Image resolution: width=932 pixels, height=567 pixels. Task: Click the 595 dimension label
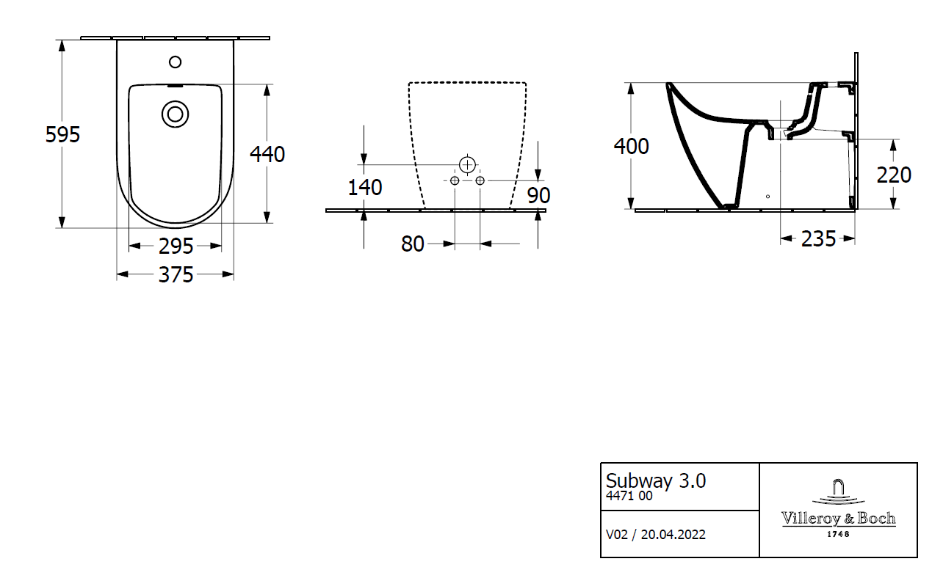point(62,134)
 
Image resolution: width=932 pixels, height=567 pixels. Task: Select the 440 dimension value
point(267,154)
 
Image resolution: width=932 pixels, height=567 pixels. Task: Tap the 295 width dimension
point(176,246)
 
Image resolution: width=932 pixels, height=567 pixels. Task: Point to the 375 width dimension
point(176,274)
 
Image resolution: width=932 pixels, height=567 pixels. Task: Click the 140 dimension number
point(364,187)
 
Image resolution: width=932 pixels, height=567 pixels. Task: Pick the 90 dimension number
point(538,195)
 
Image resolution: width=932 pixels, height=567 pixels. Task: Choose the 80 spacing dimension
point(413,244)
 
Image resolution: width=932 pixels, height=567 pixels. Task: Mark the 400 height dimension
point(631,146)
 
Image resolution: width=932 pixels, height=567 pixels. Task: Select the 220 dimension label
point(894,175)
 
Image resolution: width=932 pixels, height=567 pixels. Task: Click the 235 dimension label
point(818,238)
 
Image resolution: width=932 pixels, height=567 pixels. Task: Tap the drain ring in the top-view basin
point(175,114)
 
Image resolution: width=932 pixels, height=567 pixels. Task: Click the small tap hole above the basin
point(175,62)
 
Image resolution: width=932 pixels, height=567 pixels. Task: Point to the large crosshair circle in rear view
point(467,164)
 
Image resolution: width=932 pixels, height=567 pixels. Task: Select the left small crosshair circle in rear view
point(455,180)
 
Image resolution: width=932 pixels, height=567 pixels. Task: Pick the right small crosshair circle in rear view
point(480,180)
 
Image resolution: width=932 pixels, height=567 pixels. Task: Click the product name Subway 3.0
point(655,480)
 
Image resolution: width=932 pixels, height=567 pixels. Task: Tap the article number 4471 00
point(629,496)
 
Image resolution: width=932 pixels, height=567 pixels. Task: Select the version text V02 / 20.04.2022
point(655,534)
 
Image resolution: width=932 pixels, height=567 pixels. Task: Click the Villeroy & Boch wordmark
point(838,519)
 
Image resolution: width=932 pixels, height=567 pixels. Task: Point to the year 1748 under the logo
point(838,534)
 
